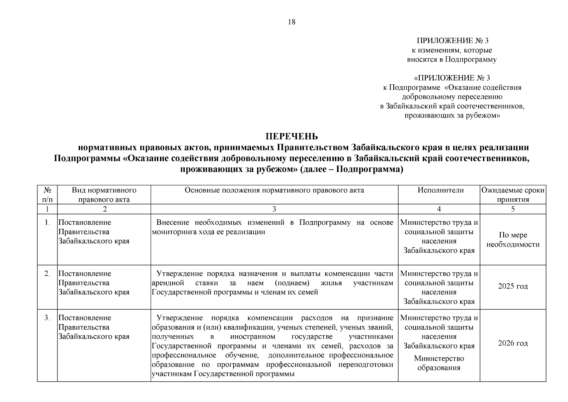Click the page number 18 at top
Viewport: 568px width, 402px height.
(292, 22)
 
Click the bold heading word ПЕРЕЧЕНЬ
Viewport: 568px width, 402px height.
(292, 137)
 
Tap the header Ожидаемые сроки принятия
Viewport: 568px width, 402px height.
(513, 195)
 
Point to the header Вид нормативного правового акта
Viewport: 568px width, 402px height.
(104, 195)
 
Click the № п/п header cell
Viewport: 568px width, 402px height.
(47, 195)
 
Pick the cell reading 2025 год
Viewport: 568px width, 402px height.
(513, 286)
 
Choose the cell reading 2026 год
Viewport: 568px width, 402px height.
(513, 343)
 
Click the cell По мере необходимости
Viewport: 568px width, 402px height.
(513, 240)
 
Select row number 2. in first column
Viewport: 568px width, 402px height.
(47, 274)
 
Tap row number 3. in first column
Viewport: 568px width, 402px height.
(47, 318)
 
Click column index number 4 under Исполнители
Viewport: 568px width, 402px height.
(439, 209)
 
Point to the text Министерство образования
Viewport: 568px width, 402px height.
(439, 363)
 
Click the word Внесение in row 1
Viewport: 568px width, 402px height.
(173, 223)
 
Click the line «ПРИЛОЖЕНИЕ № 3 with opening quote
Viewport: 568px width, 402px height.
(452, 78)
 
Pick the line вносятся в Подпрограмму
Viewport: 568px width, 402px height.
(452, 60)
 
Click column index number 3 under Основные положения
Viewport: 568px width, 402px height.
(274, 209)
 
